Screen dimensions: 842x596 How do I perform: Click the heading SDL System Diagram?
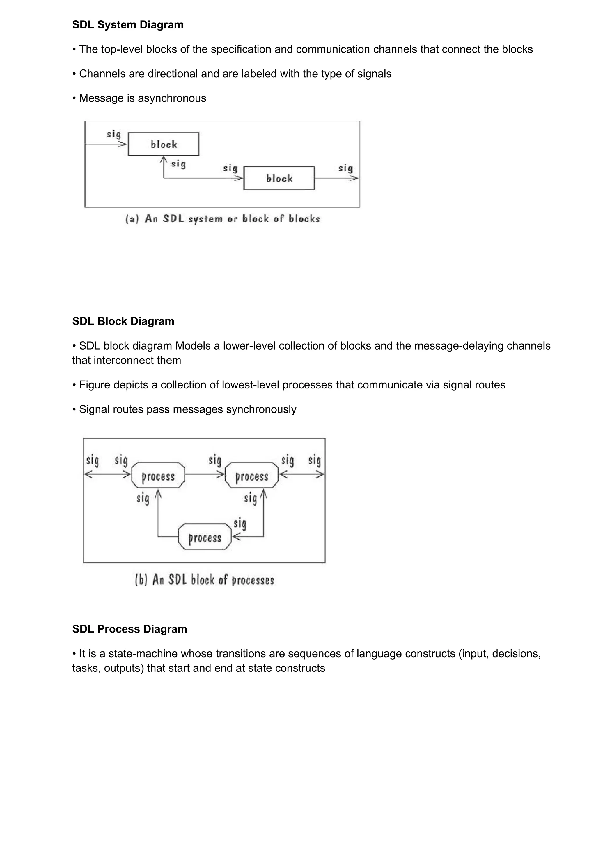tap(127, 25)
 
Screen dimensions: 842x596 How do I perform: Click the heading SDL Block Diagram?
tap(123, 321)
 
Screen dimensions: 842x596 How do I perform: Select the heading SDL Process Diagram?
tap(129, 629)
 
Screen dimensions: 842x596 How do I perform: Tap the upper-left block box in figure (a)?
tap(164, 144)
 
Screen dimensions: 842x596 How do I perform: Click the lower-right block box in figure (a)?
tap(279, 178)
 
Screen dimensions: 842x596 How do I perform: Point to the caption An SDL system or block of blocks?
tap(223, 219)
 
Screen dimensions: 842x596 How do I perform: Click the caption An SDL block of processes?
tap(205, 580)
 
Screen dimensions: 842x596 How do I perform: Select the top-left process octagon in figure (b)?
tap(158, 475)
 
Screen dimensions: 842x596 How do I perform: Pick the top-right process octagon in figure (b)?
tap(252, 475)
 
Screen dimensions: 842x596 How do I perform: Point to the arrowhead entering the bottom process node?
tap(236, 537)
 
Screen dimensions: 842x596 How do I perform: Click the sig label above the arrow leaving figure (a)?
tap(345, 168)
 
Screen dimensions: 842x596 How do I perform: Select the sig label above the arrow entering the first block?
tap(113, 134)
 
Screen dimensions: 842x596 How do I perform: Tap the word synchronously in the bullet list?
tap(261, 409)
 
